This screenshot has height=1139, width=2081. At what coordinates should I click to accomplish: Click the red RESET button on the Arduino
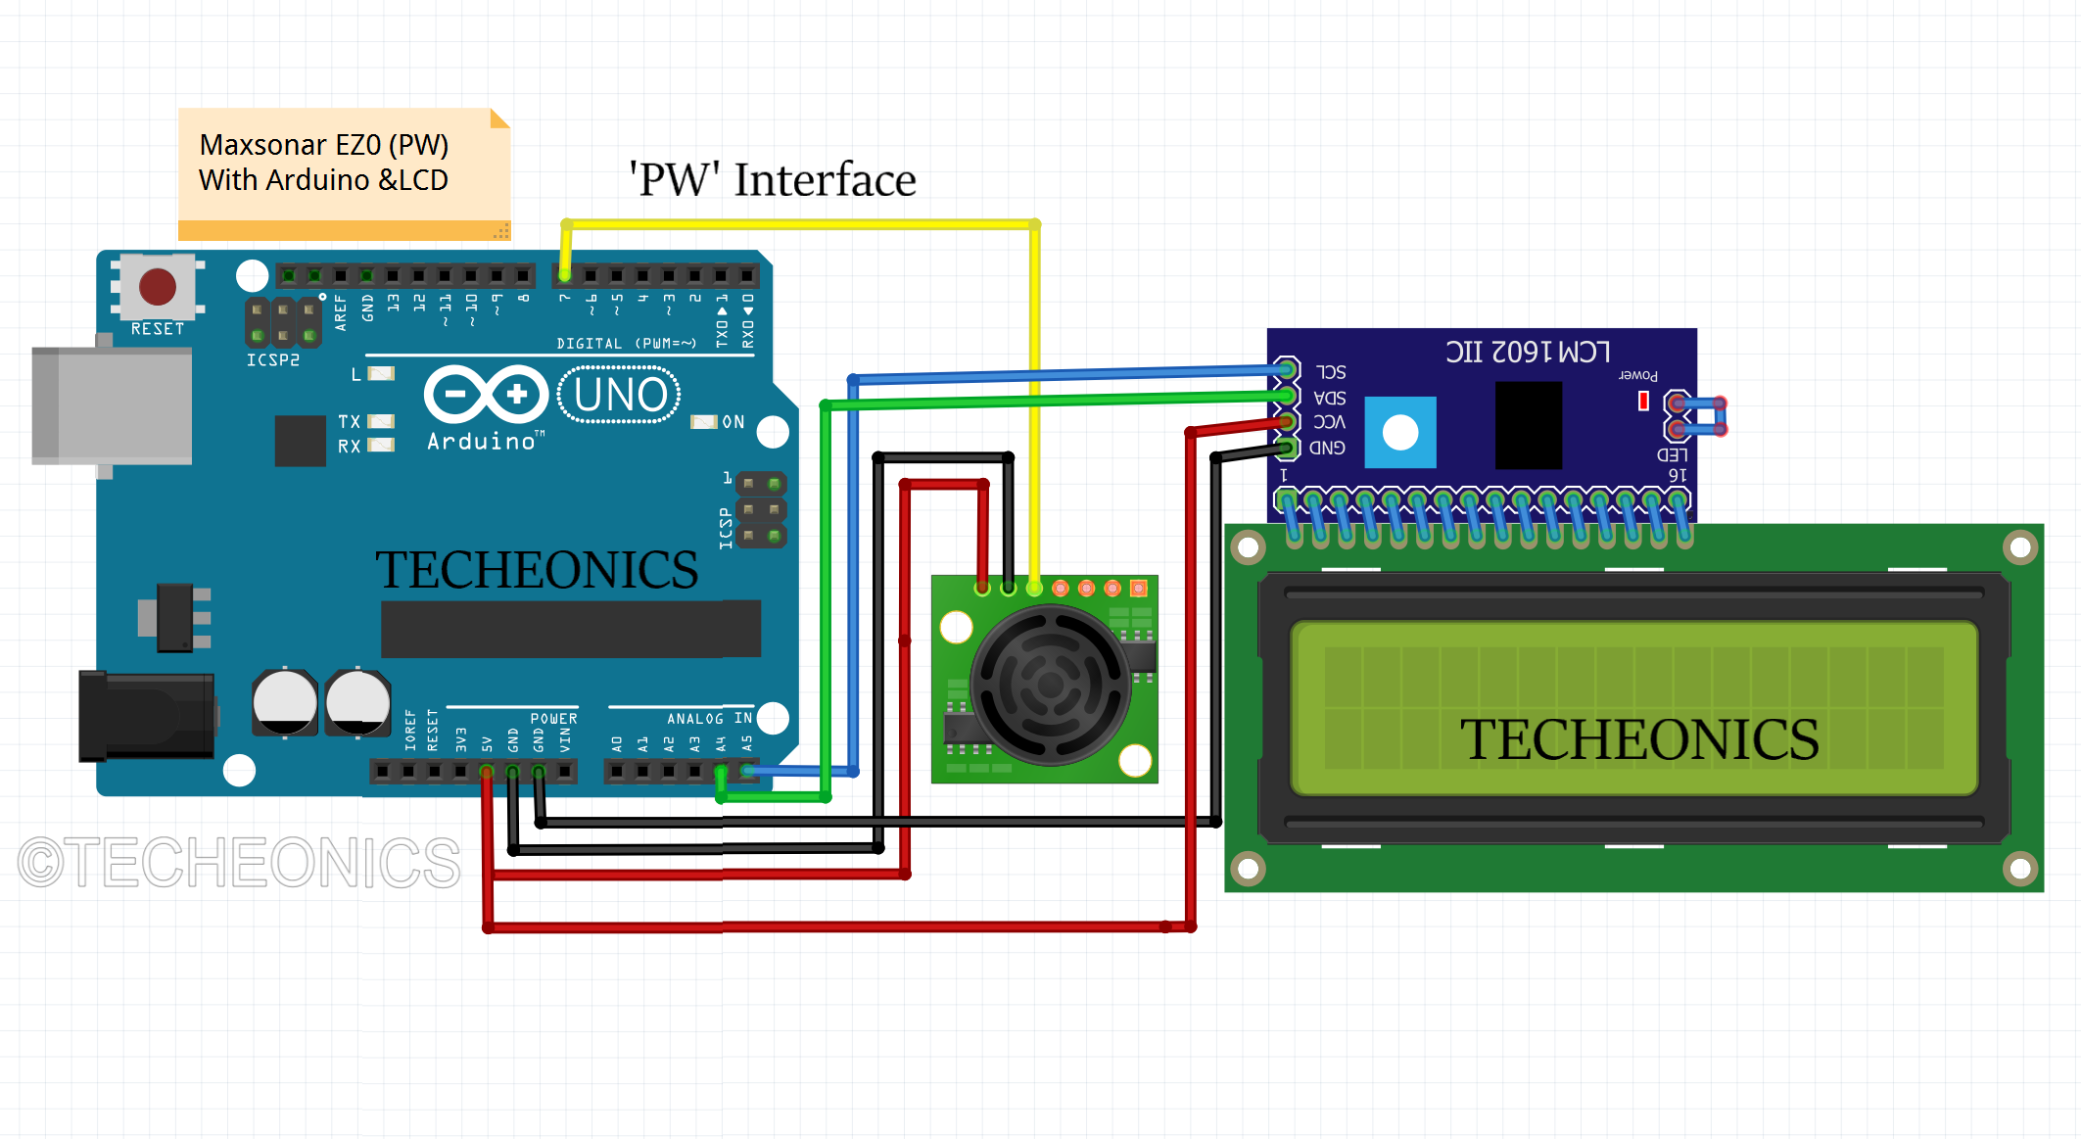pyautogui.click(x=158, y=287)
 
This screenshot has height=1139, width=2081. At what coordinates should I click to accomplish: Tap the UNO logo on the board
pyautogui.click(x=619, y=395)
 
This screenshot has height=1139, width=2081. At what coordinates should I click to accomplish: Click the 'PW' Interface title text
pyautogui.click(x=772, y=179)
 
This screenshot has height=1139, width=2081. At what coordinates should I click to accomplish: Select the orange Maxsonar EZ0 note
pyautogui.click(x=343, y=172)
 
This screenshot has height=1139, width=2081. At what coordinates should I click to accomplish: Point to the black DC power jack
pyautogui.click(x=147, y=716)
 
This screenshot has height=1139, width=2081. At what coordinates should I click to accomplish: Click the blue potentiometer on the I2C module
pyautogui.click(x=1399, y=432)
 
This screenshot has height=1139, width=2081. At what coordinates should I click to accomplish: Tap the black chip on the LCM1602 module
pyautogui.click(x=1528, y=425)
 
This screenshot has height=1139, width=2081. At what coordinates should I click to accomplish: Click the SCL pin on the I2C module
pyautogui.click(x=1288, y=370)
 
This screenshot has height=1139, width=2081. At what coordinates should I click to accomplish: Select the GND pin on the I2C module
pyautogui.click(x=1288, y=448)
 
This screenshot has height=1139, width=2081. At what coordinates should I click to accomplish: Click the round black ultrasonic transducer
pyautogui.click(x=1050, y=685)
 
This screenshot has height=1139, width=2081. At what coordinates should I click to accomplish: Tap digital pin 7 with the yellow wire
pyautogui.click(x=565, y=275)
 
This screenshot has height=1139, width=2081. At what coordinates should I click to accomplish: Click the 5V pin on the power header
pyautogui.click(x=487, y=772)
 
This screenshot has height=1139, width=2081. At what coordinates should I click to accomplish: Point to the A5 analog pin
pyautogui.click(x=747, y=772)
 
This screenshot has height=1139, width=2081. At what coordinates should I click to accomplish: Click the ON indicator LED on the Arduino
pyautogui.click(x=704, y=422)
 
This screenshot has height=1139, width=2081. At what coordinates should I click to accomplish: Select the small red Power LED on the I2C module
pyautogui.click(x=1643, y=401)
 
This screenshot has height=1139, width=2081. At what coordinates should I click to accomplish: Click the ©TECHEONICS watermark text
pyautogui.click(x=239, y=863)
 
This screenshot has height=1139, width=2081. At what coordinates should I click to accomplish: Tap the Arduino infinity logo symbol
pyautogui.click(x=486, y=395)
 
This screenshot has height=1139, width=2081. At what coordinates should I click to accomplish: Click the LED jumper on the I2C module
pyautogui.click(x=1699, y=416)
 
